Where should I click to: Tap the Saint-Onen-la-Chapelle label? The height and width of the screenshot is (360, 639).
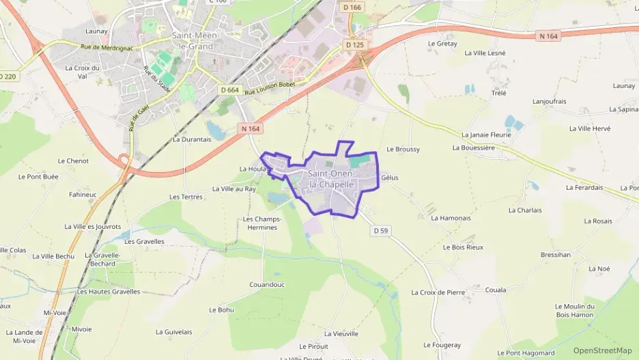[x=331, y=179]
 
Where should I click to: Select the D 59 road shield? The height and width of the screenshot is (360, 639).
[x=381, y=231]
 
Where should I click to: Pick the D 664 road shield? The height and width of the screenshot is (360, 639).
[x=230, y=90]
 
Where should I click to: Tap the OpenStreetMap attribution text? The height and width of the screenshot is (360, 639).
[x=603, y=350]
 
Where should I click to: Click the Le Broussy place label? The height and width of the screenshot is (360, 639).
[x=403, y=149]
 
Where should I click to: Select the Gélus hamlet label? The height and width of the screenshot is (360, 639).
[x=390, y=178]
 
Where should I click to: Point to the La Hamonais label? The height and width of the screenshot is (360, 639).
[x=451, y=218]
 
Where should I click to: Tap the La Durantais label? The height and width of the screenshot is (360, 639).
[x=192, y=139]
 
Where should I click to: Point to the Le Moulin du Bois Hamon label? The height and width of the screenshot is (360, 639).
[x=575, y=310]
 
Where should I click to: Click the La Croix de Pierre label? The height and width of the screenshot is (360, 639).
[x=438, y=292]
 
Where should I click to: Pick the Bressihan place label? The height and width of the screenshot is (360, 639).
[x=555, y=255]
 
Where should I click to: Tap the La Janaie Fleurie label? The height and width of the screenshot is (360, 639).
[x=486, y=135]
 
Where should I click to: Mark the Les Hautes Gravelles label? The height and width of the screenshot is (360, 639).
[x=109, y=292]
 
